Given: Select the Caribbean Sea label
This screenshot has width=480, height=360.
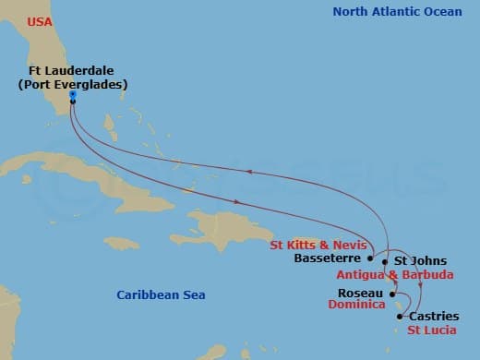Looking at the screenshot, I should [x=161, y=295].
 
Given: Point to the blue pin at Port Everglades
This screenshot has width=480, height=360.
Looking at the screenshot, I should [x=72, y=93].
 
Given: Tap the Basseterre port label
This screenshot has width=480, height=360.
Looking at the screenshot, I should [x=330, y=259].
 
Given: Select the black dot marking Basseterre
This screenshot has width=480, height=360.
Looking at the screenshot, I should [x=370, y=259].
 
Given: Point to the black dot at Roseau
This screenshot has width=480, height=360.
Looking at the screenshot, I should [x=391, y=294].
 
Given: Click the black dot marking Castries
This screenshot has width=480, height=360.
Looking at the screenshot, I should [x=399, y=317].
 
